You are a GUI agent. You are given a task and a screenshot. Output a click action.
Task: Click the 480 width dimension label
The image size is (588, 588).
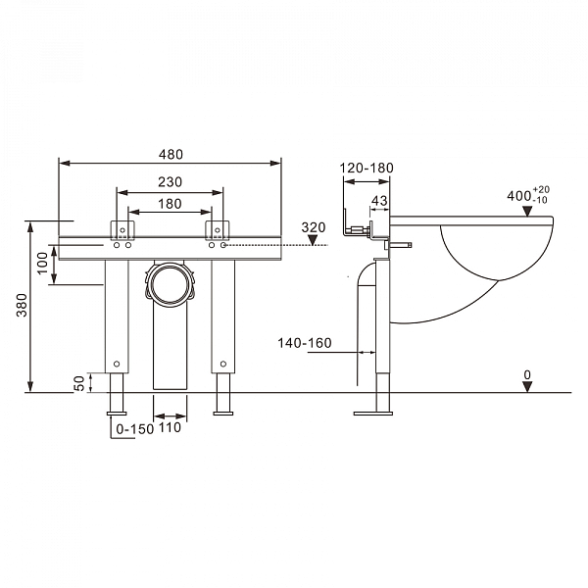point(171,155)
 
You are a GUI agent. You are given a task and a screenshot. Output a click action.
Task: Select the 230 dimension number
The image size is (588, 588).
point(170,182)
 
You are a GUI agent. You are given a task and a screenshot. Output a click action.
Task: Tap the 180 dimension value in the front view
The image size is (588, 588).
point(170,204)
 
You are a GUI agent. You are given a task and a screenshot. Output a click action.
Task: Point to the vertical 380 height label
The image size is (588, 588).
point(23,305)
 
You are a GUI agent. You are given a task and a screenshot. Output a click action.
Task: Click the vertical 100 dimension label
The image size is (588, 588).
point(43,264)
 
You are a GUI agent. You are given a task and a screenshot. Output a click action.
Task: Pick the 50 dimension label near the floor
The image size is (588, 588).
point(79,383)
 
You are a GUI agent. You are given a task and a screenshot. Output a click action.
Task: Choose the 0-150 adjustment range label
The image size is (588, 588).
point(135,429)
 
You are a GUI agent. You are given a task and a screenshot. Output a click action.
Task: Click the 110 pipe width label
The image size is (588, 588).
point(170,427)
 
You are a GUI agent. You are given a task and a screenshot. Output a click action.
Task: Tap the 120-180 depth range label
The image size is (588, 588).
point(367,168)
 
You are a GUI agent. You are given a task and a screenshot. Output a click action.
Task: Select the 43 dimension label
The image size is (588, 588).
point(379,201)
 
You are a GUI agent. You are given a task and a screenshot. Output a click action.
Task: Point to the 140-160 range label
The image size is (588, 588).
point(305,343)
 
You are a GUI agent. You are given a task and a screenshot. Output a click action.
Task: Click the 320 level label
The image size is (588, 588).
point(314,227)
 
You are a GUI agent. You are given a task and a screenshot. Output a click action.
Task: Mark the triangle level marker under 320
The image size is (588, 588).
point(313,240)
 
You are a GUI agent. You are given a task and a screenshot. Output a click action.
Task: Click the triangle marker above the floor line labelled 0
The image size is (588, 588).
point(527,387)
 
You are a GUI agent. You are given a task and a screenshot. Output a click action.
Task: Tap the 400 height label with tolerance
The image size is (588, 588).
point(528,195)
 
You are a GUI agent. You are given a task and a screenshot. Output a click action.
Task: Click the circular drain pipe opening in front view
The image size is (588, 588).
point(170,284)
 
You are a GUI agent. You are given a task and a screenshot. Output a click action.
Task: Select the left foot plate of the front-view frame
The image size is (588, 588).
point(117,414)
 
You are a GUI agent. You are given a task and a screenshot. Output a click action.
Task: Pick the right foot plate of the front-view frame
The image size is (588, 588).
point(223,414)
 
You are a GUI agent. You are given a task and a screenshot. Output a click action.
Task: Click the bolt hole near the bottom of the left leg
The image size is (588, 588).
point(117,364)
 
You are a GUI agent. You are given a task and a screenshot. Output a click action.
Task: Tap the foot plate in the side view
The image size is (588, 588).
point(373,414)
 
